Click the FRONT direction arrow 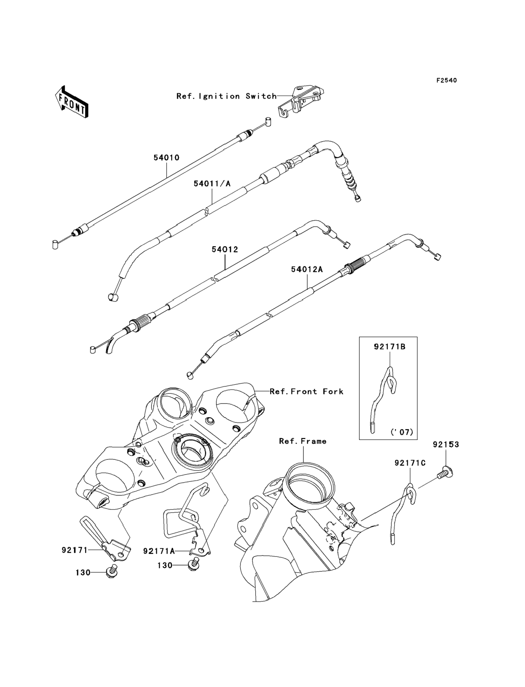pyautogui.click(x=71, y=102)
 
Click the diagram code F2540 pyautogui.click(x=446, y=81)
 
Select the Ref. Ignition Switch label pyautogui.click(x=227, y=96)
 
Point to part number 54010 pyautogui.click(x=166, y=158)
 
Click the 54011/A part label pyautogui.click(x=212, y=184)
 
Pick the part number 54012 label pyautogui.click(x=225, y=250)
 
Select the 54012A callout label pyautogui.click(x=307, y=269)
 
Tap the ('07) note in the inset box pyautogui.click(x=402, y=432)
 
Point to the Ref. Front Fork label pyautogui.click(x=306, y=391)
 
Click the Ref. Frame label pyautogui.click(x=303, y=441)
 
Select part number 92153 pyautogui.click(x=446, y=444)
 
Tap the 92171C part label pyautogui.click(x=410, y=463)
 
